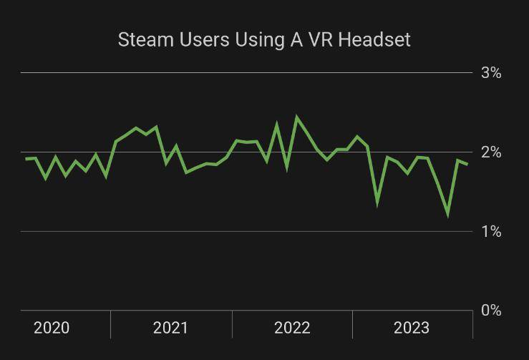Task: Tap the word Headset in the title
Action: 374,39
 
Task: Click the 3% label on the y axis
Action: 491,73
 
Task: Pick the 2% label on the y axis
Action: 491,152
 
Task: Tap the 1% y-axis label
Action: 491,232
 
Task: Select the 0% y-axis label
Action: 491,311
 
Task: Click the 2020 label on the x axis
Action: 52,328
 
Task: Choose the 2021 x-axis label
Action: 170,328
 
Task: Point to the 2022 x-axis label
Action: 292,328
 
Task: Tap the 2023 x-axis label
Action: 412,328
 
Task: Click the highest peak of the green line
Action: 297,117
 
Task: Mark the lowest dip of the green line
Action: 448,214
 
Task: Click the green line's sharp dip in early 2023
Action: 377,203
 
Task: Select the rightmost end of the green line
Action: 467,165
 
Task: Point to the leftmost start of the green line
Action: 26,159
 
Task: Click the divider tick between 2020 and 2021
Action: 110,324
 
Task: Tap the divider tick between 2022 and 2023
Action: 352,324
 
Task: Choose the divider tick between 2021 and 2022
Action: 232,324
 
